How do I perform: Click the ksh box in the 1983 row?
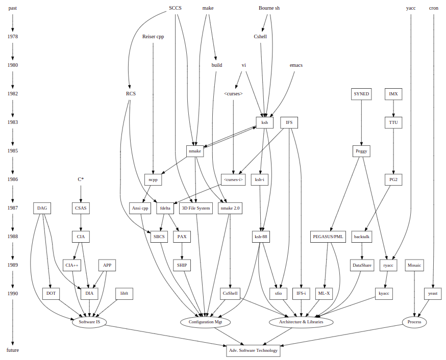(264, 122)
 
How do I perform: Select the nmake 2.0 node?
(230, 208)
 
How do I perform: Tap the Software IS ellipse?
(89, 322)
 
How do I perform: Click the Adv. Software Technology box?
(253, 350)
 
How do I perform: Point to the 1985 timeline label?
(13, 151)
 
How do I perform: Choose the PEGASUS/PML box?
(328, 237)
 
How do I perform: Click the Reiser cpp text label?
(153, 37)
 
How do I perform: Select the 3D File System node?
(196, 208)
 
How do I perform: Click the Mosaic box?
(414, 265)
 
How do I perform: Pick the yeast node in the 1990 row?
(433, 294)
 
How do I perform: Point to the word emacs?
(296, 65)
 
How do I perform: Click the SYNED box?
(361, 94)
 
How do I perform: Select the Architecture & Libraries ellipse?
(301, 322)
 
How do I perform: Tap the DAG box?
(42, 208)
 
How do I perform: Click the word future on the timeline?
(13, 350)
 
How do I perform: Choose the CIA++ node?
(72, 265)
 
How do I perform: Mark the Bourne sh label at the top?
(269, 8)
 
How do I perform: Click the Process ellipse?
(414, 322)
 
